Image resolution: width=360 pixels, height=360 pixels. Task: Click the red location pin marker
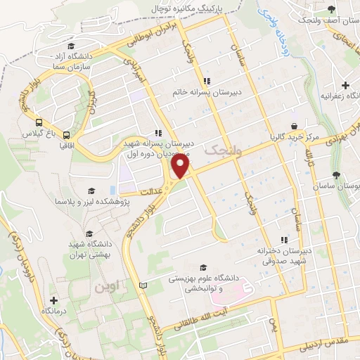[181, 166]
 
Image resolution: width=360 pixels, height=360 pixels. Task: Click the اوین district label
[103, 287]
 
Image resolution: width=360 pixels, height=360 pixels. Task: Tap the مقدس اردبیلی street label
[323, 344]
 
